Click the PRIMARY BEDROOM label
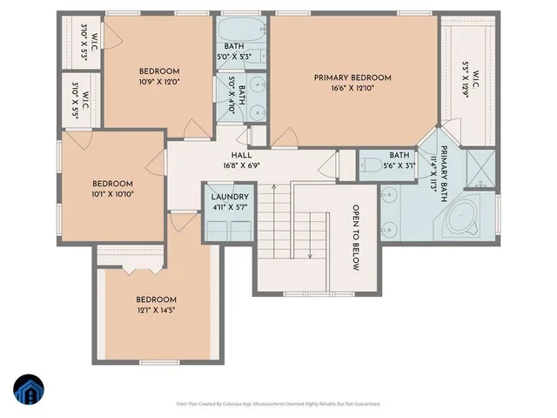(353, 78)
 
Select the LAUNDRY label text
(230, 198)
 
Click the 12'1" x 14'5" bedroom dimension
(157, 310)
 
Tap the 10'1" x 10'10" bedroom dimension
(113, 194)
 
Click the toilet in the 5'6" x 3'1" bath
(368, 166)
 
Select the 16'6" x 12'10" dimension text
(353, 89)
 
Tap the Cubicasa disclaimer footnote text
(278, 404)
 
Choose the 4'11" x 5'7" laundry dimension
(230, 209)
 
